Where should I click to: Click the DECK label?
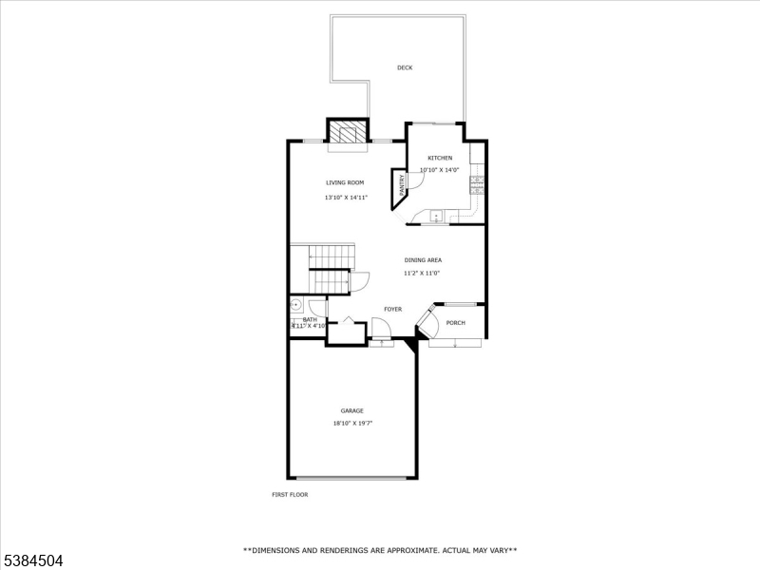[x=405, y=67]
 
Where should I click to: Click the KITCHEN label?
[x=440, y=158]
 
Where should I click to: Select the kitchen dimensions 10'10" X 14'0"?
[x=440, y=170]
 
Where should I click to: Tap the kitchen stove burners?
[x=477, y=184]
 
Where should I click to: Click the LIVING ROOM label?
[x=345, y=182]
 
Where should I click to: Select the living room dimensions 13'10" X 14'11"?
[x=346, y=198]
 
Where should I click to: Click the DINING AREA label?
[x=423, y=259]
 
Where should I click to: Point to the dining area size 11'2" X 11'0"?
[x=423, y=273]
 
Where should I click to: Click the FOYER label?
[x=392, y=309]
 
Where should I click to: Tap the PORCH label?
[x=456, y=322]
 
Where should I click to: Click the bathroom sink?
[x=296, y=306]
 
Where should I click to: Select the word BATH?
[x=310, y=319]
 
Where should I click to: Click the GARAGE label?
[x=352, y=410]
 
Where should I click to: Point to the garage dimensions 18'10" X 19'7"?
[x=352, y=424]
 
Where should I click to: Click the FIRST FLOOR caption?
[x=291, y=494]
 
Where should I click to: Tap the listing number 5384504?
[x=32, y=560]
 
